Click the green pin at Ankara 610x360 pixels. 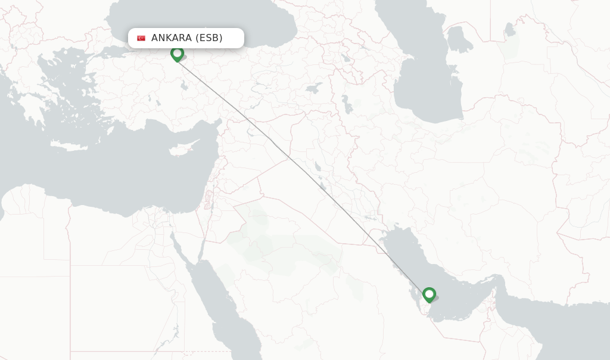177,54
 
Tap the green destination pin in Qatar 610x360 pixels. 429,294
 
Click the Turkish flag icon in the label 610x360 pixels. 141,38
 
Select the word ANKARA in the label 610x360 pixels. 171,38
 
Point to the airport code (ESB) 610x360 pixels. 208,38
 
